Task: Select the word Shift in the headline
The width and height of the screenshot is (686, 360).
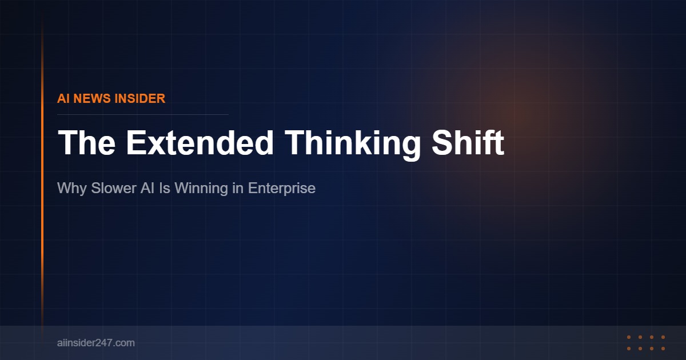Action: [468, 143]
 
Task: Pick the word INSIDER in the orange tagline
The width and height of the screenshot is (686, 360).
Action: [140, 98]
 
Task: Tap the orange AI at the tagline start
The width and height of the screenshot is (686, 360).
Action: [63, 98]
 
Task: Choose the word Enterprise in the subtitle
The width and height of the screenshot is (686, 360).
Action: [282, 188]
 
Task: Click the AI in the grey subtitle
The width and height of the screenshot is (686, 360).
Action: [147, 188]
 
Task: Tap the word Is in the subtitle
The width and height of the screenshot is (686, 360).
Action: [165, 188]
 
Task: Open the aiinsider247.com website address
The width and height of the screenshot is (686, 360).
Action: [96, 343]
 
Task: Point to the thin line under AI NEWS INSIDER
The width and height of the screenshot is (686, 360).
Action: [143, 114]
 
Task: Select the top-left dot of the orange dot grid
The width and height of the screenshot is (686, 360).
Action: [629, 337]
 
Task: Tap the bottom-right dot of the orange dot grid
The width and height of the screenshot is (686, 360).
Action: [663, 348]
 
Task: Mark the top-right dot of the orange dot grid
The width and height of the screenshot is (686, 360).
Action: [663, 337]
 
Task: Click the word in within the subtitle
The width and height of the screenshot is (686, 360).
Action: [238, 188]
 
